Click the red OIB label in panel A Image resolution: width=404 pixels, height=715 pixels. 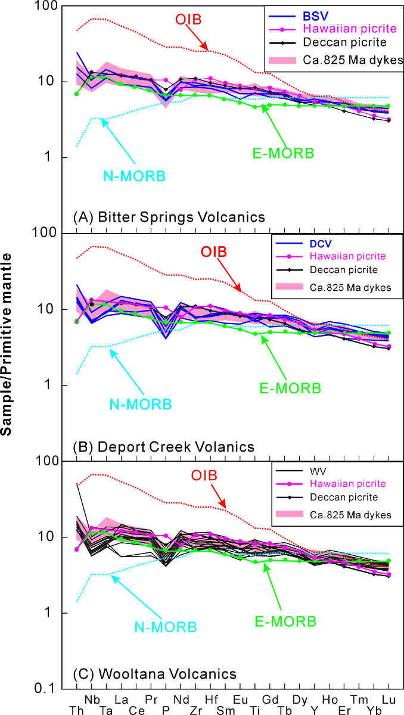click(189, 19)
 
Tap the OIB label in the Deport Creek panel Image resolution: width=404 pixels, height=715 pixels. click(214, 251)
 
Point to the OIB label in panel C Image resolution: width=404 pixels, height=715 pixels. click(204, 475)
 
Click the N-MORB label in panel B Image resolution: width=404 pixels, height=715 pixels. click(141, 404)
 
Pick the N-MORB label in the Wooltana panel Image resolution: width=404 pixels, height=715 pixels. click(166, 627)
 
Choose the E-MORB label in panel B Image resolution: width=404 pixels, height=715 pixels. click(290, 388)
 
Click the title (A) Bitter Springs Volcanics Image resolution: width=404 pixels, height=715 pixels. click(169, 217)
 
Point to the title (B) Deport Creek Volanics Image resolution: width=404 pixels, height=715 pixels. click(163, 446)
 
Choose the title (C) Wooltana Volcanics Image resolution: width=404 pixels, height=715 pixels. click(154, 674)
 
